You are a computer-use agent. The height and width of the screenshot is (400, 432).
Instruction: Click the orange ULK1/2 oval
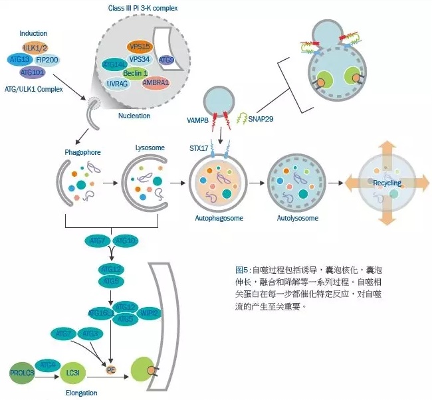[x=34, y=49]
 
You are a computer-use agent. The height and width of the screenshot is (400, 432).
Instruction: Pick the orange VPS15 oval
[x=140, y=47]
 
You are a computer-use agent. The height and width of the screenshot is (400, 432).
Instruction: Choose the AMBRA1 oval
[x=155, y=83]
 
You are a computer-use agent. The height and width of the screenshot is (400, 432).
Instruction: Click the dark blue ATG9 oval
[x=167, y=60]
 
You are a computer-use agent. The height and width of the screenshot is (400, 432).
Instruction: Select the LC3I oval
[x=70, y=374]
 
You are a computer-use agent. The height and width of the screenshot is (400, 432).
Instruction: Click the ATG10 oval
[x=126, y=240]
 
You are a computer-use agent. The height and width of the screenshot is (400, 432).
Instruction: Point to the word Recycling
[x=387, y=182]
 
